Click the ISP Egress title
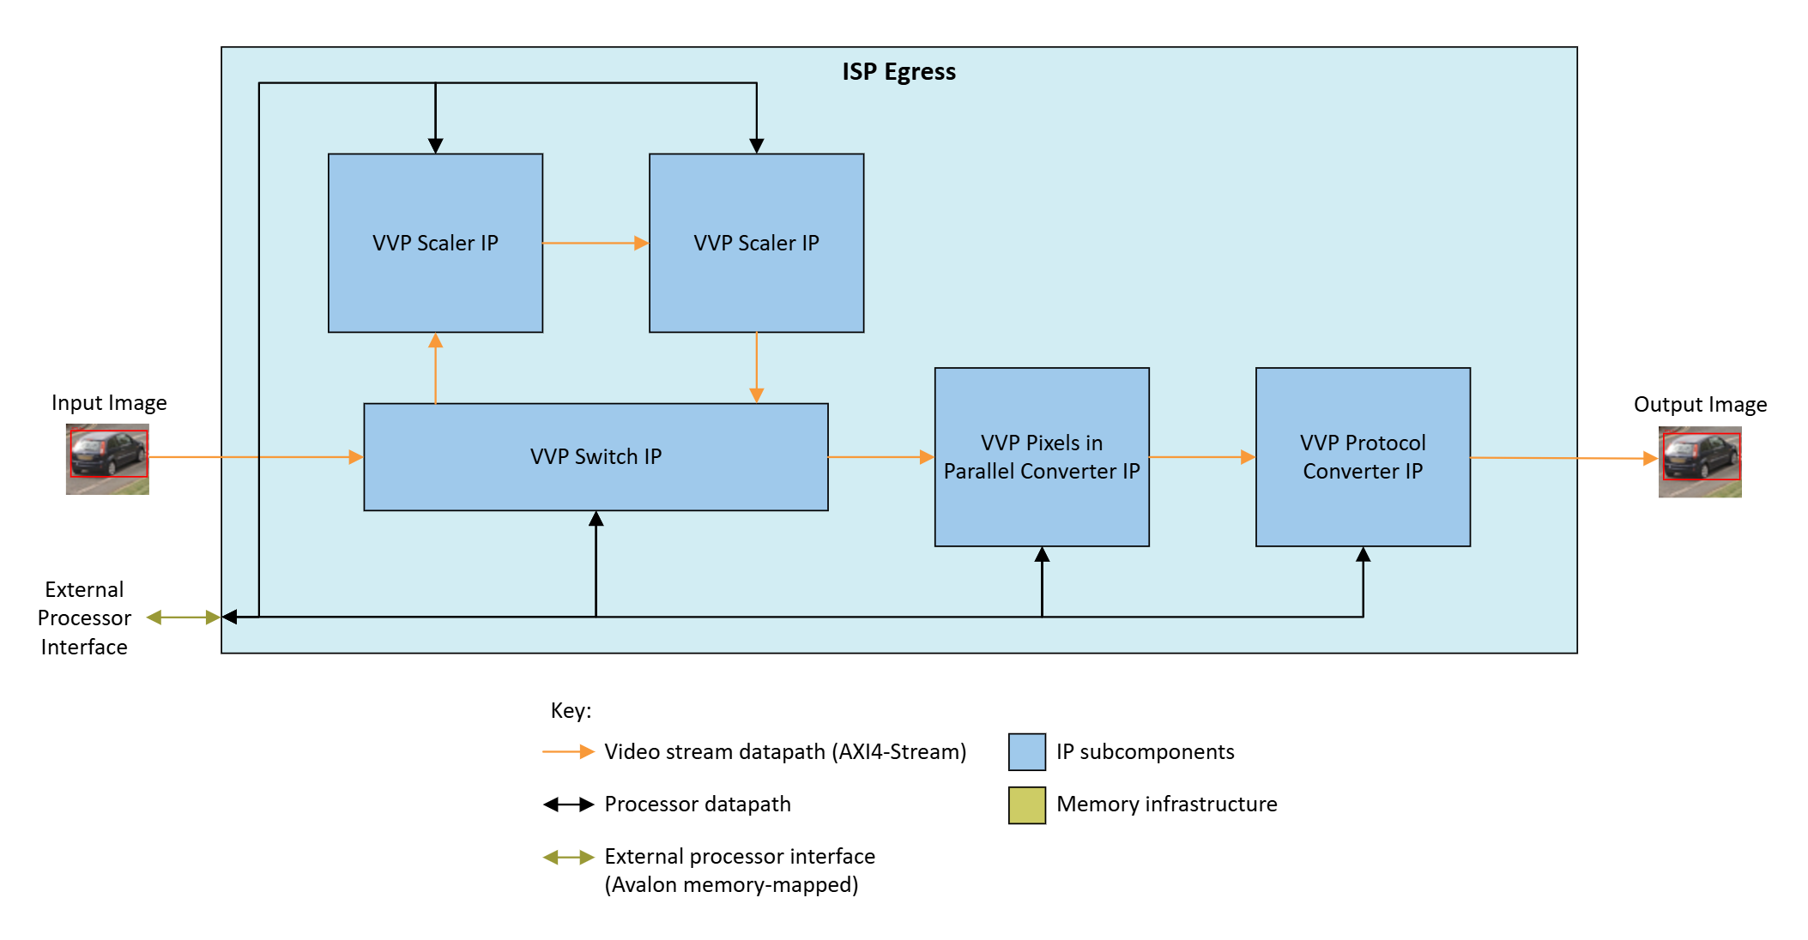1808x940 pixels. [898, 72]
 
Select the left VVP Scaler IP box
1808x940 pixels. [435, 243]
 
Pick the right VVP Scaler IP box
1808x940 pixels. [756, 243]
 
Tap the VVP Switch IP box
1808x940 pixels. [596, 456]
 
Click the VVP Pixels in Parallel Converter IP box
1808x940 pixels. [1041, 456]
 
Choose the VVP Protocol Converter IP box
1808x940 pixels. [1362, 456]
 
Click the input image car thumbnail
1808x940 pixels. [107, 459]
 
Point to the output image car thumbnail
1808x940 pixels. [1699, 461]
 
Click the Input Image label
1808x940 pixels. [109, 403]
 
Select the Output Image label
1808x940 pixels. [1699, 405]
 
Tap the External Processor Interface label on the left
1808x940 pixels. [84, 618]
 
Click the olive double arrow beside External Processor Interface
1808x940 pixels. [183, 618]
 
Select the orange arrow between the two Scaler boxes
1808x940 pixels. [596, 244]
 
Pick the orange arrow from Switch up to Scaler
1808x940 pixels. [436, 368]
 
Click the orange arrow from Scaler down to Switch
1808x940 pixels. [756, 368]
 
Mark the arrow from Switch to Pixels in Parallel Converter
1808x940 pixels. [881, 457]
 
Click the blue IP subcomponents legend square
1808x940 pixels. [1026, 752]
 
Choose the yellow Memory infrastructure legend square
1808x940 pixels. [1026, 805]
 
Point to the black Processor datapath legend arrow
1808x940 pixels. [569, 804]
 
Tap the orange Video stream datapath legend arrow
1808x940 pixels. [569, 752]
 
